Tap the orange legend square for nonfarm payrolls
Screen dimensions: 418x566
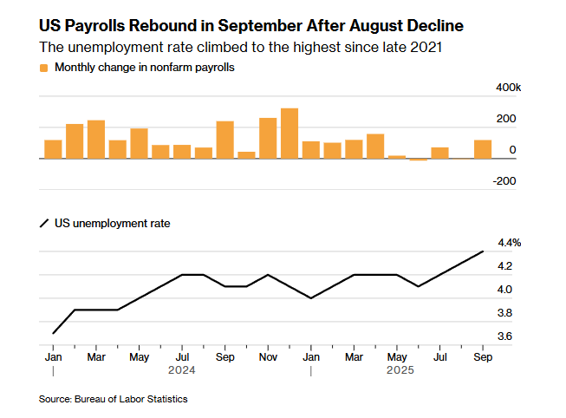tap(43, 67)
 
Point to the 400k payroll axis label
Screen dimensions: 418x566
tap(507, 88)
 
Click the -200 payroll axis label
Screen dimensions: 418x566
tap(505, 181)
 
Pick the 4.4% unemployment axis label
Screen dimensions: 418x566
tap(509, 243)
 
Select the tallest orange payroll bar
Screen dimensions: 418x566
tap(290, 134)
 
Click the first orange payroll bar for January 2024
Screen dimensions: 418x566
tap(53, 149)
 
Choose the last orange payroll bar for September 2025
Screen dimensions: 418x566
tap(483, 149)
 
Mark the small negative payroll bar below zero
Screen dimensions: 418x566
tap(419, 160)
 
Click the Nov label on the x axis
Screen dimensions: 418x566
tap(268, 356)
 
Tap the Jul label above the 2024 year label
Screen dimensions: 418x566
tap(182, 356)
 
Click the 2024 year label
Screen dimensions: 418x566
tap(182, 371)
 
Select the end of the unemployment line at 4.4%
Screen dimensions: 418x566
tap(483, 251)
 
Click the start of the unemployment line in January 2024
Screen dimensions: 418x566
tap(54, 333)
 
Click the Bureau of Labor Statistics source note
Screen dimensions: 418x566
tap(113, 399)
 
